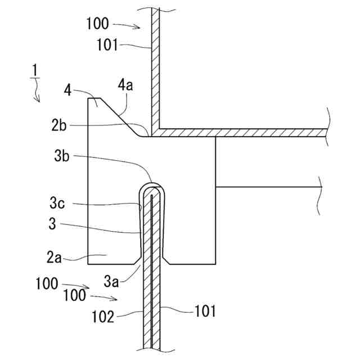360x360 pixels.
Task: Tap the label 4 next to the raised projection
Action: click(x=67, y=90)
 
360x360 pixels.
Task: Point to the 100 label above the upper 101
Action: click(x=98, y=24)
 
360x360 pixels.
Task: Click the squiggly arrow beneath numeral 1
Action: click(x=37, y=90)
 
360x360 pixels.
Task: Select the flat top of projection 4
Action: click(x=94, y=99)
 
